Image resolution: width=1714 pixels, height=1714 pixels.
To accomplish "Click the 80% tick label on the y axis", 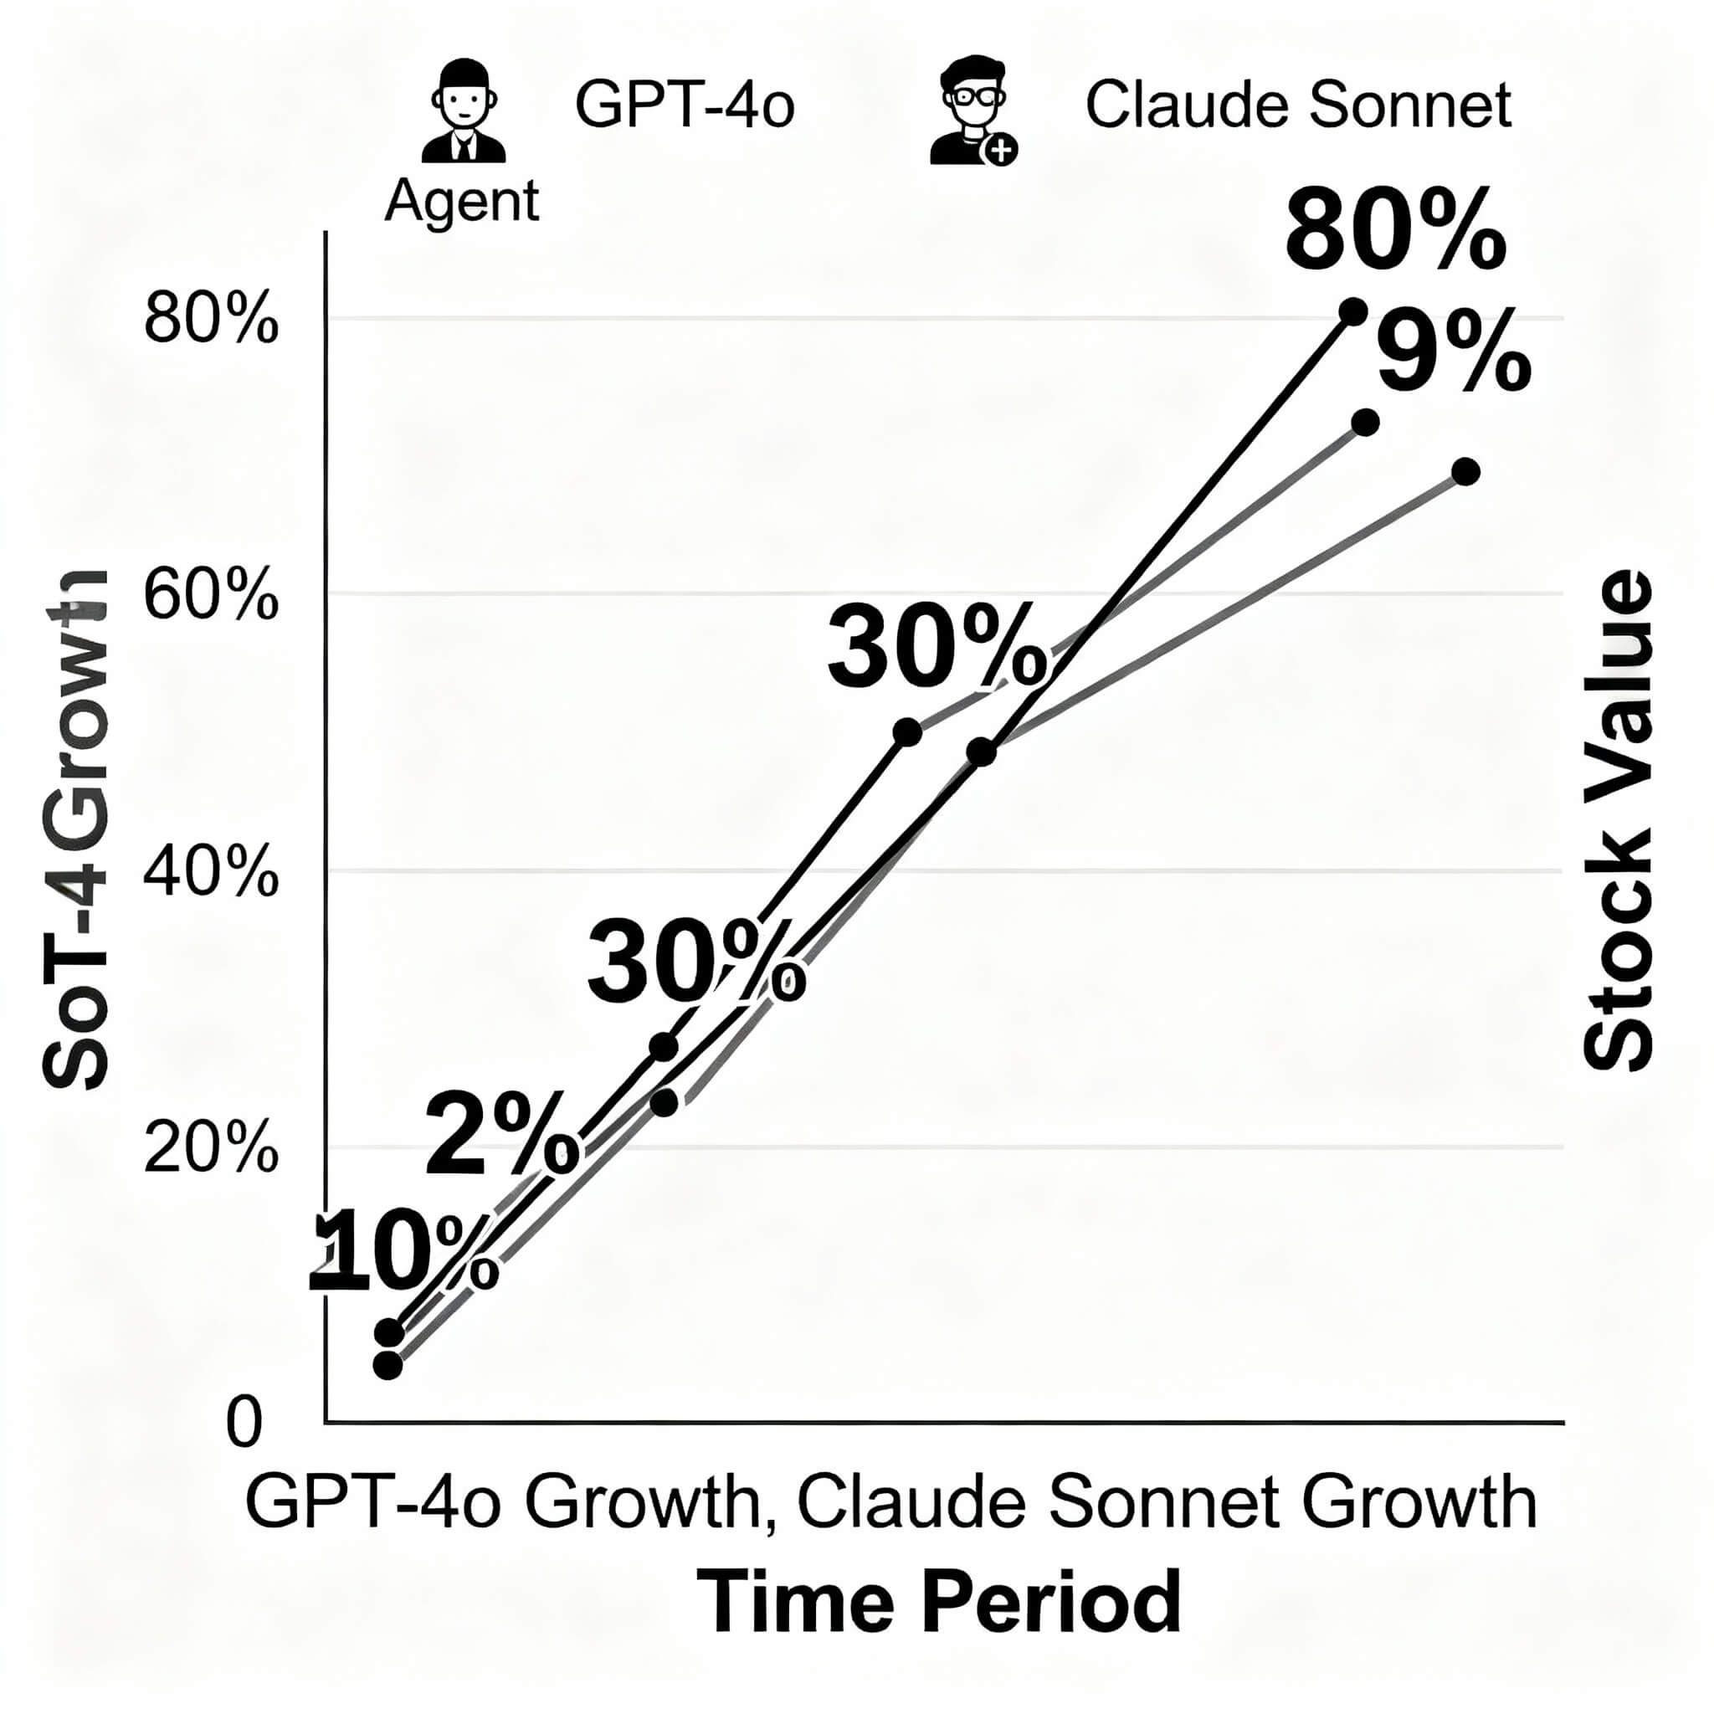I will point(211,321).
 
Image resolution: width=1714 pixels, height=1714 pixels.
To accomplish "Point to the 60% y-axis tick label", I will point(211,596).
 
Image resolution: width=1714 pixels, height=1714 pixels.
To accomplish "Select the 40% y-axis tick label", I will point(211,874).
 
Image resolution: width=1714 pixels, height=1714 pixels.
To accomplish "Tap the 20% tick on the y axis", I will point(211,1150).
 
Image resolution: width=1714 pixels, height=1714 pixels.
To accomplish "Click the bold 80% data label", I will point(1394,233).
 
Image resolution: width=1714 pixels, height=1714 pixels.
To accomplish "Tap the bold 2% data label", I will point(501,1138).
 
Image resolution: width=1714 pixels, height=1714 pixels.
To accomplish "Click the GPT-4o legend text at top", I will point(684,105).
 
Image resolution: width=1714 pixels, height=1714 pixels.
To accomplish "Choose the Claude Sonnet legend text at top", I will point(1298,105).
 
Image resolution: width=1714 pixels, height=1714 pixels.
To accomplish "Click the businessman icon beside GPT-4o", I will point(463,112).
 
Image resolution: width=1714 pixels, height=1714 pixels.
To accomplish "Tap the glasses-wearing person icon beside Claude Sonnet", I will point(972,112).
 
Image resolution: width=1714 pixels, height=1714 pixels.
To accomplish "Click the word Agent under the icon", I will point(461,201).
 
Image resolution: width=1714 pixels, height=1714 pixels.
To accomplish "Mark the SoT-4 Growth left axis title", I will point(75,829).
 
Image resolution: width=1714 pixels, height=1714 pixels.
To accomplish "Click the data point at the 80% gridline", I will point(1353,311).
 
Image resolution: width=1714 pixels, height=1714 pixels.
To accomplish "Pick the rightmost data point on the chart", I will point(1465,471).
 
